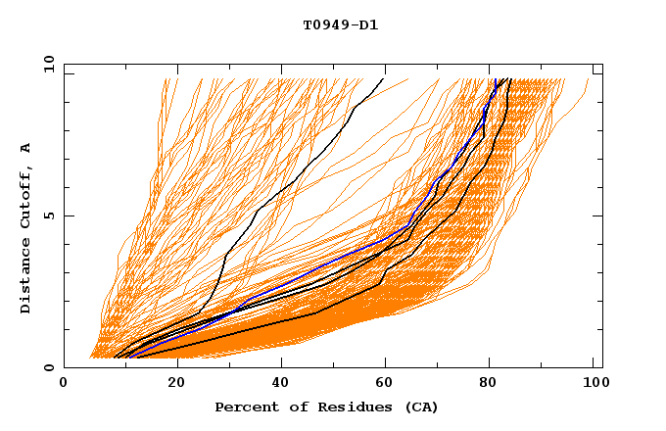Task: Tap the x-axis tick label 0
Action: pyautogui.click(x=64, y=383)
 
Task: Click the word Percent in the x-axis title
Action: pyautogui.click(x=244, y=407)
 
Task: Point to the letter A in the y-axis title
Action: pyautogui.click(x=26, y=147)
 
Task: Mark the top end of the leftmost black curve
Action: pyautogui.click(x=384, y=78)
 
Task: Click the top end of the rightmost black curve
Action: pyautogui.click(x=510, y=78)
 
